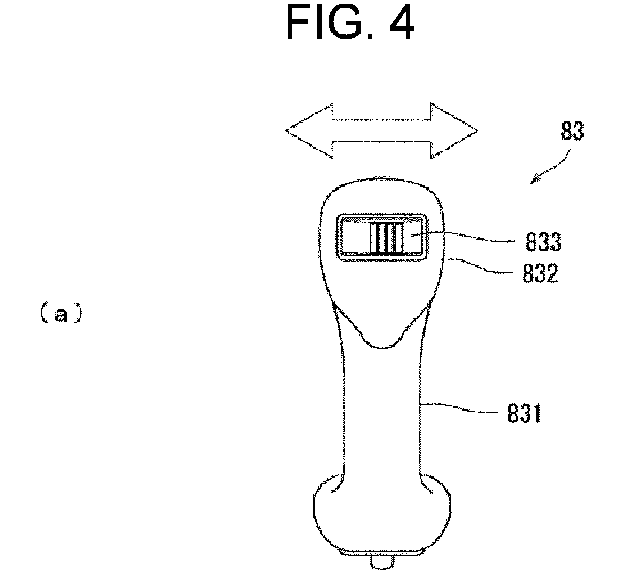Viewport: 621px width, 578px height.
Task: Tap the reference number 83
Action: (572, 131)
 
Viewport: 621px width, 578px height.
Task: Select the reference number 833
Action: (543, 242)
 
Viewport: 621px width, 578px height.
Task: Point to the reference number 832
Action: (540, 273)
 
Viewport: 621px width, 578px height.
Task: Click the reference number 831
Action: (524, 414)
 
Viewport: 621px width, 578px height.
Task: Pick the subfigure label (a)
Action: (62, 313)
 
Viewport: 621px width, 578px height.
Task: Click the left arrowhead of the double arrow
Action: (309, 131)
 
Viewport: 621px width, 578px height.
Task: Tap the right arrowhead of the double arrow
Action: (454, 131)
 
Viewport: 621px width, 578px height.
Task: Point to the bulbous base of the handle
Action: (382, 512)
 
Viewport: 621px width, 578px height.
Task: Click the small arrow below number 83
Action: (550, 167)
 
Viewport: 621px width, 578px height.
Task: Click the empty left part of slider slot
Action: (356, 237)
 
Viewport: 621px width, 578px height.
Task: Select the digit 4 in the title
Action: (402, 23)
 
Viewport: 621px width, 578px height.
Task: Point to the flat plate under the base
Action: (381, 552)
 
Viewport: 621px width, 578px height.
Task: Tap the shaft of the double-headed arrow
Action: (381, 130)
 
